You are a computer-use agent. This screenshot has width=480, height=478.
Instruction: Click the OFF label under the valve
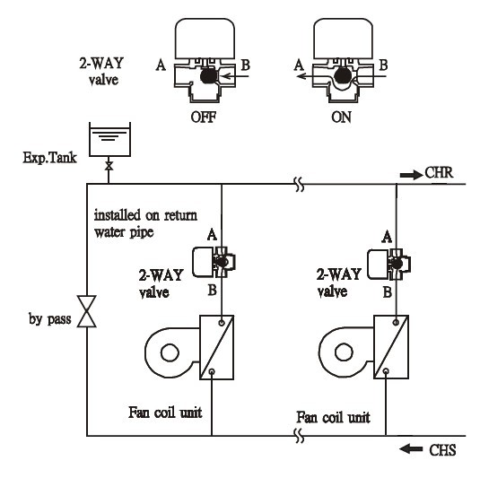click(204, 117)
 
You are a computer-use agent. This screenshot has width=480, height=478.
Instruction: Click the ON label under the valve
click(341, 117)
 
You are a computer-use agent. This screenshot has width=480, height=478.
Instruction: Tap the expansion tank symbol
click(109, 140)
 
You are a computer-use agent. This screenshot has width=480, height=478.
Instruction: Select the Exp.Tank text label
click(49, 158)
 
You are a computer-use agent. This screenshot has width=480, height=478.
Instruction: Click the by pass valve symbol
click(87, 311)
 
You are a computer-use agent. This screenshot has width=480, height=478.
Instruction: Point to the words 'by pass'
click(50, 319)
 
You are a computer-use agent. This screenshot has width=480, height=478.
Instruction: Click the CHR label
click(439, 172)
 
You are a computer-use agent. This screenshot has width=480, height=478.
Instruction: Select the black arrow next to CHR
click(411, 175)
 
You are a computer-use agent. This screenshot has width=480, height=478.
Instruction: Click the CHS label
click(442, 450)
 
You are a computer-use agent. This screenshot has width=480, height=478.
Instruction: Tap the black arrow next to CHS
click(411, 449)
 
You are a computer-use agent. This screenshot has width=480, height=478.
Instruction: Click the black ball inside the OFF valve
click(208, 76)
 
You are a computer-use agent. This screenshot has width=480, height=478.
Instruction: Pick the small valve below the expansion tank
click(109, 166)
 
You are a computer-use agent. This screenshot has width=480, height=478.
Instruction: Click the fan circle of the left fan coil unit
click(170, 352)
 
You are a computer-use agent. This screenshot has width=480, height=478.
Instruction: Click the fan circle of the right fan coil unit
click(344, 352)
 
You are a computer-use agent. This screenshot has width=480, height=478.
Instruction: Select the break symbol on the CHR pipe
click(300, 184)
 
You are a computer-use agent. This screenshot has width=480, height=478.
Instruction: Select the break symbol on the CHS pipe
click(299, 436)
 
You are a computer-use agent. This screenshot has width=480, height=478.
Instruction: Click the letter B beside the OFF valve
click(246, 65)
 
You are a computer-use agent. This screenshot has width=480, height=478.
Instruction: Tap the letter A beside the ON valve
click(299, 65)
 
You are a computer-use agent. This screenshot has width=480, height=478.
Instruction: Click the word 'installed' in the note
click(118, 215)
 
